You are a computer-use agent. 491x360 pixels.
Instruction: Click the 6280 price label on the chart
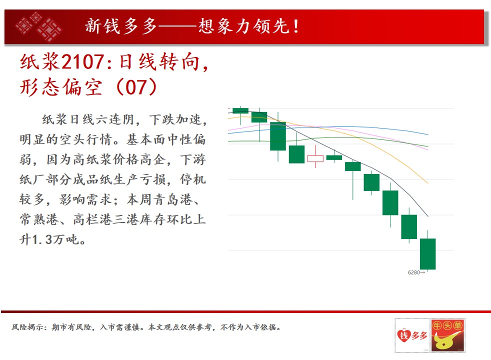pyautogui.click(x=413, y=272)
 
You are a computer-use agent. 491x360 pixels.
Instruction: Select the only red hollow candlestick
pyautogui.click(x=315, y=158)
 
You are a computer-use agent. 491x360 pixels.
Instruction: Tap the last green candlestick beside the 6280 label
pyautogui.click(x=427, y=253)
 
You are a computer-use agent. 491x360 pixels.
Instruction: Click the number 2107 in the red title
pyautogui.click(x=82, y=61)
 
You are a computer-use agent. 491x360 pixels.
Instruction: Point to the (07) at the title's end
pyautogui.click(x=136, y=87)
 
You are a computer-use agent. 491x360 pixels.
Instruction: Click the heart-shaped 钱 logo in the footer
pyautogui.click(x=404, y=336)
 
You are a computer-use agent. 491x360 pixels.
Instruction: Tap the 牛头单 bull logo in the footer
pyautogui.click(x=448, y=335)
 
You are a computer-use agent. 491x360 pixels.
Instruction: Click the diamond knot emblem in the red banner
pyautogui.click(x=38, y=26)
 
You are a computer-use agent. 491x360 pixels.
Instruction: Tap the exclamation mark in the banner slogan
pyautogui.click(x=296, y=26)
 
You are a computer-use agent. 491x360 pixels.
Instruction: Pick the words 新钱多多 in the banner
pyautogui.click(x=120, y=26)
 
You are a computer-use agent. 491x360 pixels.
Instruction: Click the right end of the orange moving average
pyautogui.click(x=427, y=183)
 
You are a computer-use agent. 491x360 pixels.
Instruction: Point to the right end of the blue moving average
pyautogui.click(x=427, y=134)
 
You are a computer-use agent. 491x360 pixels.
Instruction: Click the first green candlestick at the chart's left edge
pyautogui.click(x=240, y=110)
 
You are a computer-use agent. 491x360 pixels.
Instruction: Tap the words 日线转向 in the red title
pyautogui.click(x=159, y=61)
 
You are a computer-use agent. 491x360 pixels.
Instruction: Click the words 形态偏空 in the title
pyautogui.click(x=61, y=87)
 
